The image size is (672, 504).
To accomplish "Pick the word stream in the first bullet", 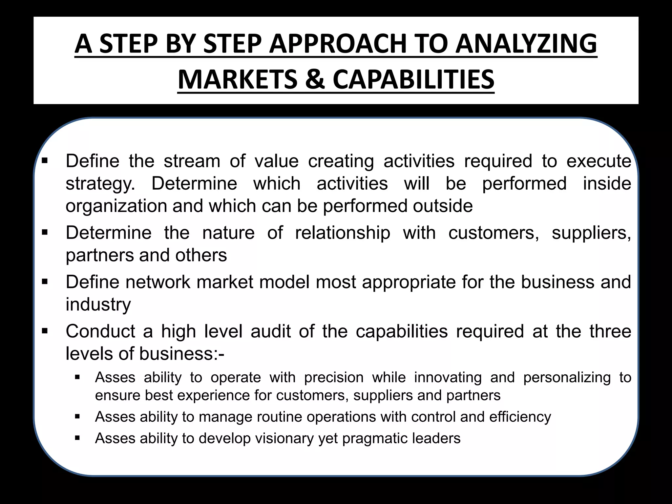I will point(192,161).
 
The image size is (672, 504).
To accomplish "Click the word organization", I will point(116,206).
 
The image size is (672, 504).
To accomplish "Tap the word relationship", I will point(343,233).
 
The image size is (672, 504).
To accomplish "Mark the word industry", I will point(98,305).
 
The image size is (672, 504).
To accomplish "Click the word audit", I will point(271,331).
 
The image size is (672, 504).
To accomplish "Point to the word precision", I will point(334,378).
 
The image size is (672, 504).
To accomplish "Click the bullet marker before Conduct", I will point(45,331).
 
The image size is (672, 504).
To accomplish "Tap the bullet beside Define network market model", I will point(45,282).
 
